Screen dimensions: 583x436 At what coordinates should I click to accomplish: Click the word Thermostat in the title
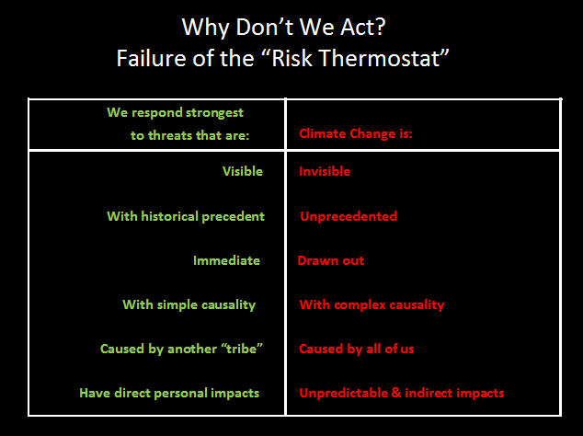pyautogui.click(x=380, y=58)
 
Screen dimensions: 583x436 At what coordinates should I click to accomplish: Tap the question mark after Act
pyautogui.click(x=381, y=27)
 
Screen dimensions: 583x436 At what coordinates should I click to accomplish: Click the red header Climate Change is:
pyautogui.click(x=356, y=133)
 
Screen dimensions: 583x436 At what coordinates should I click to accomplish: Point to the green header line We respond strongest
pyautogui.click(x=175, y=113)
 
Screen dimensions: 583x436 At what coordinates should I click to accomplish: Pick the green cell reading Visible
pyautogui.click(x=243, y=171)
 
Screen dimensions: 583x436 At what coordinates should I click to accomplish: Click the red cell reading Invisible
pyautogui.click(x=325, y=171)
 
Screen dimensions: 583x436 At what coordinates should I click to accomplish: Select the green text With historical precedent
pyautogui.click(x=186, y=216)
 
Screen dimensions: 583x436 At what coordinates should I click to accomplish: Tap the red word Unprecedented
pyautogui.click(x=349, y=216)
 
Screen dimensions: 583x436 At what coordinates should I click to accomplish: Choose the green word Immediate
pyautogui.click(x=226, y=260)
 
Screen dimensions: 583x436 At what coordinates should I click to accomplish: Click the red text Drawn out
pyautogui.click(x=331, y=260)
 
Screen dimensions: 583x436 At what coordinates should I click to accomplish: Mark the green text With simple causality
pyautogui.click(x=189, y=304)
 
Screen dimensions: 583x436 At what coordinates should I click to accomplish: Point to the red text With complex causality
pyautogui.click(x=372, y=304)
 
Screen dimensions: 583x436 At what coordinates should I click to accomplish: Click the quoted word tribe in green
pyautogui.click(x=242, y=349)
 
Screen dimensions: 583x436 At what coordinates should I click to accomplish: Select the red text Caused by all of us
pyautogui.click(x=356, y=349)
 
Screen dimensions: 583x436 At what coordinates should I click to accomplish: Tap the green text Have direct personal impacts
pyautogui.click(x=169, y=393)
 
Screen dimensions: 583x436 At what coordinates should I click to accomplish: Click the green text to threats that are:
pyautogui.click(x=189, y=135)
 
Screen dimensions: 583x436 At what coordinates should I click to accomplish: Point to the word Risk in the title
pyautogui.click(x=292, y=58)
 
